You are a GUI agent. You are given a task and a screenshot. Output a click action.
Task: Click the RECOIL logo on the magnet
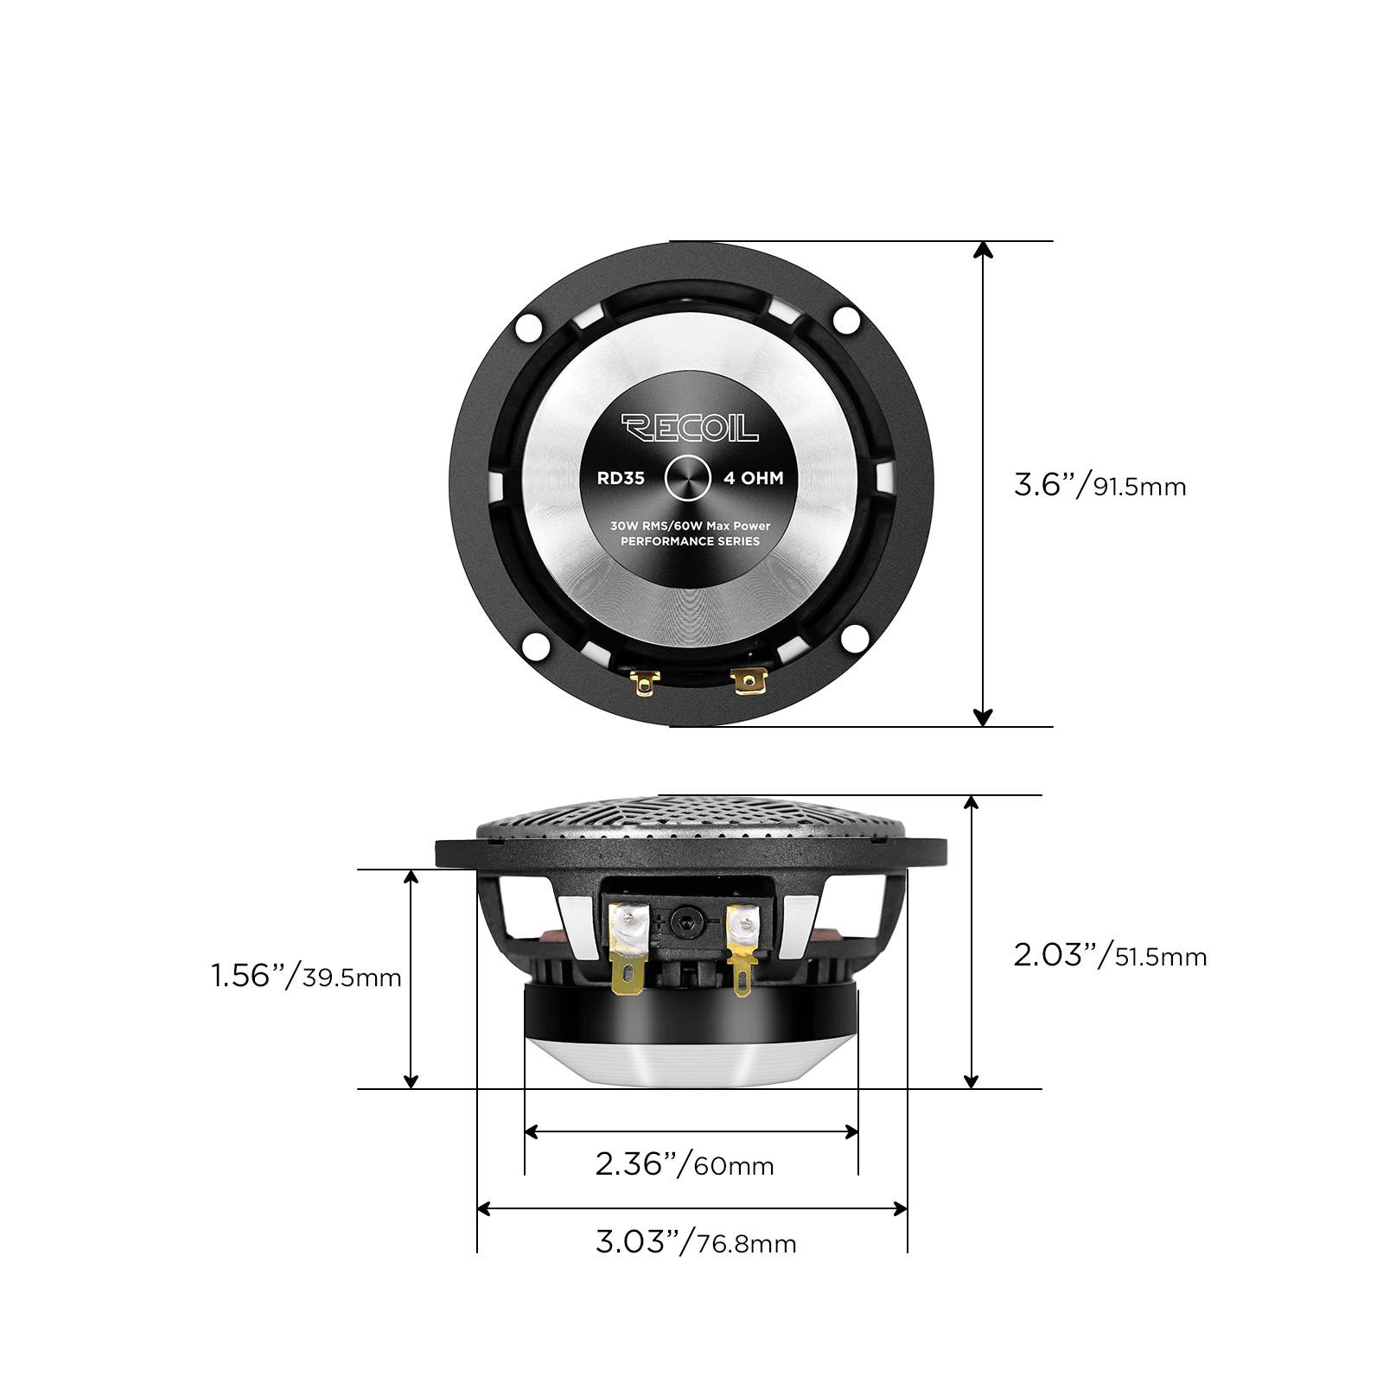(690, 427)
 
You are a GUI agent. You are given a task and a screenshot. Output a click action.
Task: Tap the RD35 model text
(621, 478)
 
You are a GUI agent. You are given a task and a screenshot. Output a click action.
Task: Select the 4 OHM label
(753, 478)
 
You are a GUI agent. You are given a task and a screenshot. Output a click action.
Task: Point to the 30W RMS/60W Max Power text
(690, 525)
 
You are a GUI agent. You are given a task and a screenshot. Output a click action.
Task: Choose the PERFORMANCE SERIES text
(691, 541)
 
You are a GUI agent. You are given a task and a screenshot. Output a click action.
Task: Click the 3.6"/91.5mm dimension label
(1100, 485)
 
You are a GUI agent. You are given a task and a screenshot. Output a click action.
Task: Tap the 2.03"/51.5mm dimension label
(1111, 955)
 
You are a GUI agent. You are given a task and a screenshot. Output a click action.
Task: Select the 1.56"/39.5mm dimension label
(307, 976)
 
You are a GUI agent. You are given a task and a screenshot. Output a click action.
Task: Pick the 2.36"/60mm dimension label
(685, 1163)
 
